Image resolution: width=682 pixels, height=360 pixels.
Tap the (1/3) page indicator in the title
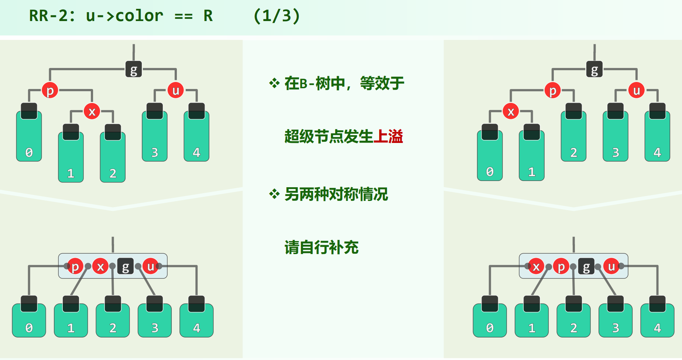[277, 16]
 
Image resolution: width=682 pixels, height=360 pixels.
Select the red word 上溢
[388, 137]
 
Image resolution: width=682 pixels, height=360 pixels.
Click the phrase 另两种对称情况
[336, 194]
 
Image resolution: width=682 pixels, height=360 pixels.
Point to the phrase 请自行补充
[321, 247]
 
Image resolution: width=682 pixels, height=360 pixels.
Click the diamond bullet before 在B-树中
[274, 83]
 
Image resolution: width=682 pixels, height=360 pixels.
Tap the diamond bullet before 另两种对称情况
[274, 194]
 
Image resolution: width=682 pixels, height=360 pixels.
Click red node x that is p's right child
[92, 111]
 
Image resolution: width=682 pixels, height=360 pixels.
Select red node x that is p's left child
[511, 111]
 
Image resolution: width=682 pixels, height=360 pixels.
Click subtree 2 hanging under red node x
[113, 157]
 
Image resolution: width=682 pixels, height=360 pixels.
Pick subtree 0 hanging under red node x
[490, 156]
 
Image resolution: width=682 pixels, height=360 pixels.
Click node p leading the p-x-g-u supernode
[75, 266]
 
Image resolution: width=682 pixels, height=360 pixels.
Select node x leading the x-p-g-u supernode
[536, 266]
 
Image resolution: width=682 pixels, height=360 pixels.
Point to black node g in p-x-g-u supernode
[125, 266]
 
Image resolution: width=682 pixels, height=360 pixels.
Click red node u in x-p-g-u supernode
[611, 266]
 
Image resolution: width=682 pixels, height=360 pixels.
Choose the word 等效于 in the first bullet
[382, 83]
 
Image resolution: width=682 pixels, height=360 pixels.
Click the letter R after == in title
[208, 16]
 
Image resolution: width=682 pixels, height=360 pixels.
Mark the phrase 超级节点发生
[329, 137]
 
